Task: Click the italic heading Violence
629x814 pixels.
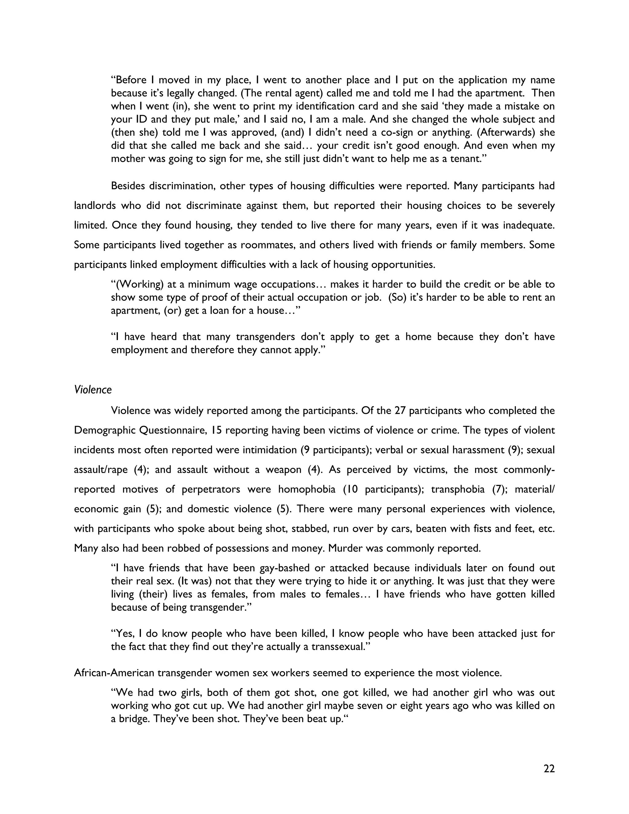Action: pyautogui.click(x=93, y=390)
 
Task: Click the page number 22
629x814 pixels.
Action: pyautogui.click(x=549, y=769)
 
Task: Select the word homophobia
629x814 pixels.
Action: pyautogui.click(x=307, y=489)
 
